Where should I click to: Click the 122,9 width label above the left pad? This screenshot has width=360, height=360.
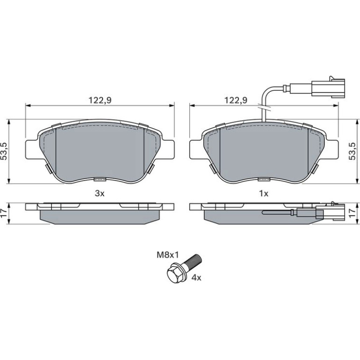(x=100, y=101)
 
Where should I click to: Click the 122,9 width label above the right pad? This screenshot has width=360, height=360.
(x=236, y=101)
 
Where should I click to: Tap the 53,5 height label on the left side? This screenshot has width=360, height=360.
(x=5, y=151)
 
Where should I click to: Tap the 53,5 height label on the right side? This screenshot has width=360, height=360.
(x=352, y=151)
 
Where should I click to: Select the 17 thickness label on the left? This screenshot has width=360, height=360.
(x=5, y=214)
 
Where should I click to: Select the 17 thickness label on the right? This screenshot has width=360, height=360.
(x=352, y=214)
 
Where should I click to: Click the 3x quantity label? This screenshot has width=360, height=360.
(x=100, y=194)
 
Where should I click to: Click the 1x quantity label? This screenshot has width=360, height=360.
(x=264, y=194)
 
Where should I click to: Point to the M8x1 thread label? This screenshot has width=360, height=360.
(x=167, y=255)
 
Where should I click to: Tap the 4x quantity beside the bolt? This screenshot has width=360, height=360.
(x=196, y=278)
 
